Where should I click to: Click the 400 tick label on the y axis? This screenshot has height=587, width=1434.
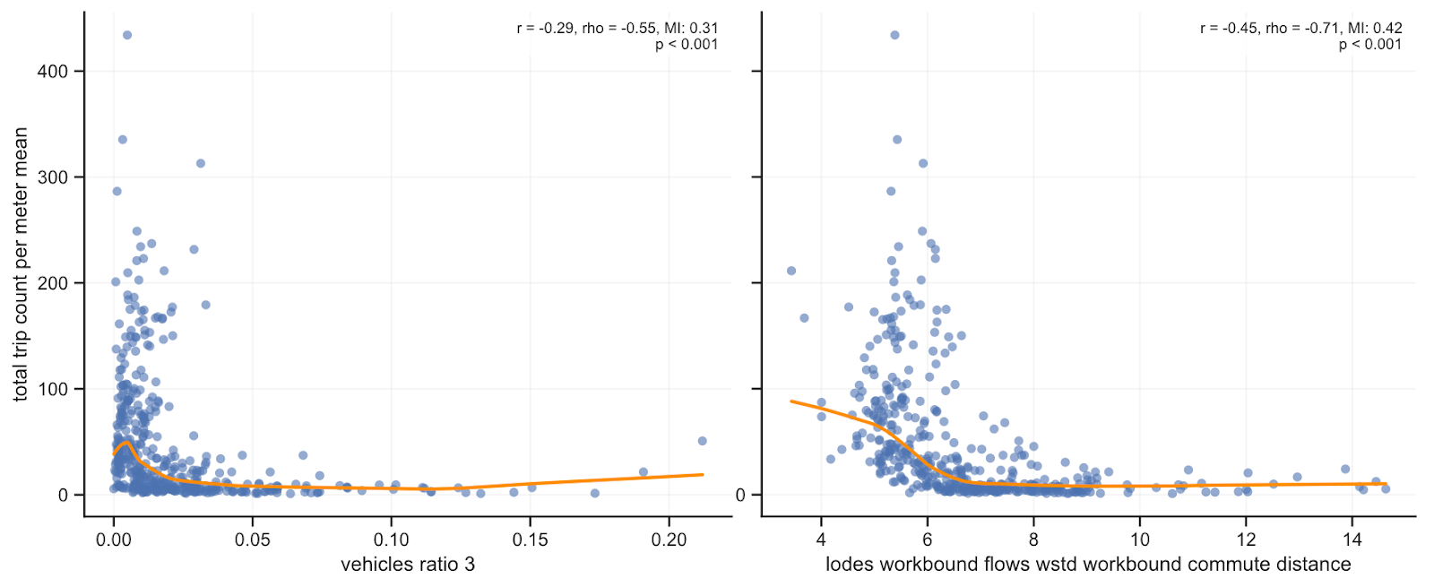[52, 72]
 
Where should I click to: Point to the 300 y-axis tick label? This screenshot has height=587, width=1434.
[52, 177]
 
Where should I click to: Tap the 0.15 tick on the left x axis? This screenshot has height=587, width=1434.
[530, 540]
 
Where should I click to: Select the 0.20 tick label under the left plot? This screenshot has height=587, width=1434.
[669, 540]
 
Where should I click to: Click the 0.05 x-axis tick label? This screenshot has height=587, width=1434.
[252, 540]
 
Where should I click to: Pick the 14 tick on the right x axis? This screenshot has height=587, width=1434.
[1352, 540]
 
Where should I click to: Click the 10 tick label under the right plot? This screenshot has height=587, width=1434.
[1139, 540]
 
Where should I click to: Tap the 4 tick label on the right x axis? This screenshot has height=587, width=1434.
[821, 540]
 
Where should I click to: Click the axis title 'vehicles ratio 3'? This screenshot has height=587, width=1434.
[408, 565]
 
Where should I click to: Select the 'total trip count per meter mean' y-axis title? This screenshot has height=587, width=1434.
[21, 264]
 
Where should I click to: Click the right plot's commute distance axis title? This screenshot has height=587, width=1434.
[1088, 565]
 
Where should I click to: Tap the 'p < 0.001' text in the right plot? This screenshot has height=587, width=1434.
[1369, 45]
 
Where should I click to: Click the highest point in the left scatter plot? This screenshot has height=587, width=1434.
[127, 35]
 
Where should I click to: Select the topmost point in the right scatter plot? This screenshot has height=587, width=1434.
[894, 35]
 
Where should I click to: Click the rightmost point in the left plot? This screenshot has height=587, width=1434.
[702, 441]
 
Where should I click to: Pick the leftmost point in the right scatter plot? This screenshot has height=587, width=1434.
[791, 271]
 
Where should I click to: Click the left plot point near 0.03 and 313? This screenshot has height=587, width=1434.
[201, 163]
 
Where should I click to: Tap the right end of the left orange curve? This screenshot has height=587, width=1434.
[702, 474]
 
